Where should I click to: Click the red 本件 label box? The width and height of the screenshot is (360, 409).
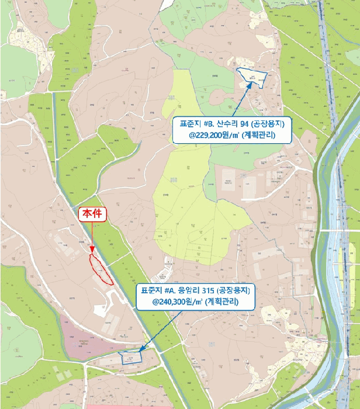click(x=92, y=214)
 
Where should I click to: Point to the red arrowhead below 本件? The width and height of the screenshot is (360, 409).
click(x=92, y=252)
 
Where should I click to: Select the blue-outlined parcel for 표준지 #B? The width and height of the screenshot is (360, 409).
click(x=252, y=77)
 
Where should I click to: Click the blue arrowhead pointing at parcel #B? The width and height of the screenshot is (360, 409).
click(x=253, y=82)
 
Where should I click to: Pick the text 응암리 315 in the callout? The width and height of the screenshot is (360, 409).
click(x=196, y=290)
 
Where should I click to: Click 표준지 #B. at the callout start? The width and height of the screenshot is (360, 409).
click(x=196, y=123)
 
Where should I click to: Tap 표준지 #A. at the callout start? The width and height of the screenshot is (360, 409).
click(x=158, y=290)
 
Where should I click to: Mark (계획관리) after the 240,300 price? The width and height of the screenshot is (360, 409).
click(x=222, y=302)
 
